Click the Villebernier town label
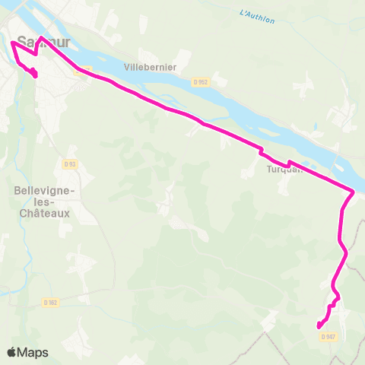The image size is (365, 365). coord(152,67)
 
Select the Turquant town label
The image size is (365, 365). coord(284,170)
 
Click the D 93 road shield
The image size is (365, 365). coord(70,163)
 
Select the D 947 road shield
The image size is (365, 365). coord(328,336)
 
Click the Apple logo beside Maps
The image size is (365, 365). coord(11,352)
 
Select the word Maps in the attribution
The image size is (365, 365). coord(33,352)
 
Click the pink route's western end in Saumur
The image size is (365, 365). coord(36,75)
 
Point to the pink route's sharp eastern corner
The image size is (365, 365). coord(354,192)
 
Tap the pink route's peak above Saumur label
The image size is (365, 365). coord(40,36)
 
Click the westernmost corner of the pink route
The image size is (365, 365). coord(11,43)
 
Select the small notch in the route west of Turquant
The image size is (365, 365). coord(262,149)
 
